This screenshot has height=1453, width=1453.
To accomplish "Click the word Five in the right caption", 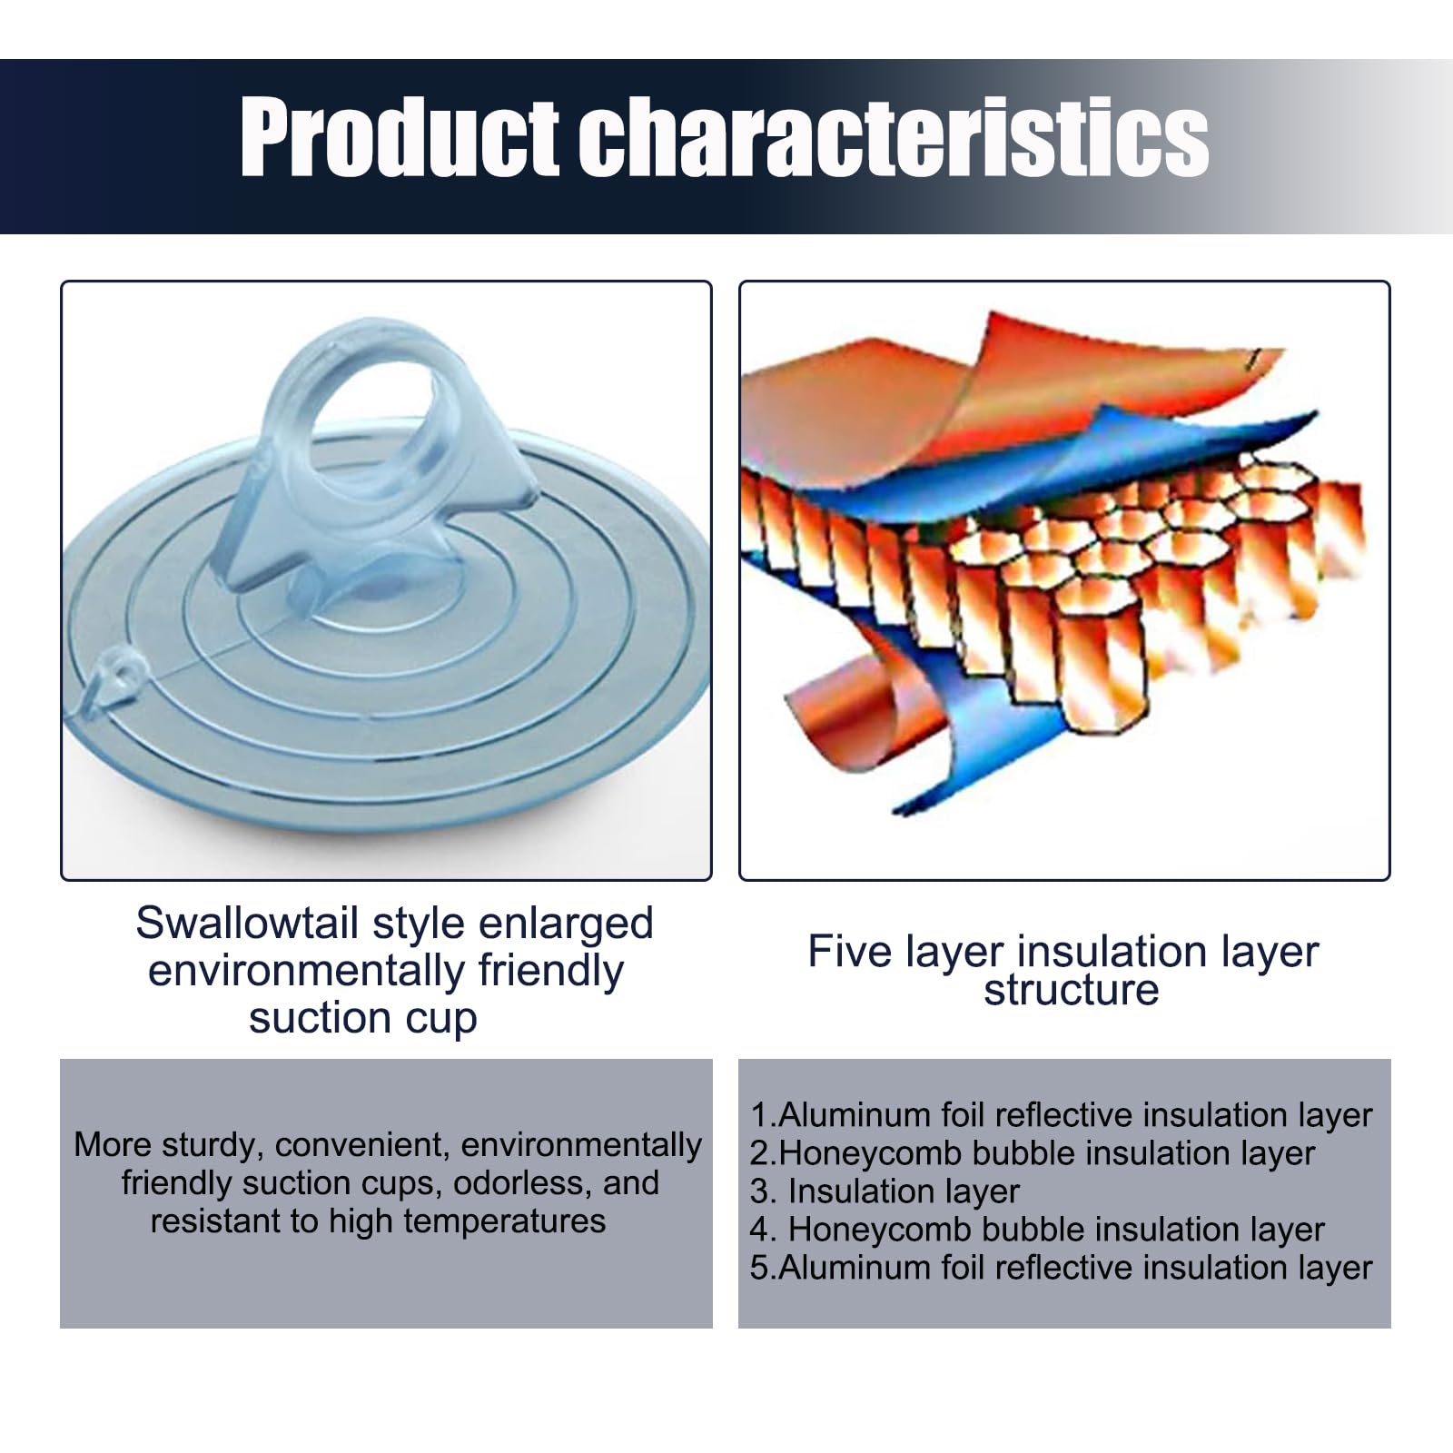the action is coord(850,952).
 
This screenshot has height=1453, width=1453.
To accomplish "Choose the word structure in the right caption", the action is coord(1072,991).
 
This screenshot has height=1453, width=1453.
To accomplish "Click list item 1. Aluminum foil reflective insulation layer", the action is coord(1061,1115).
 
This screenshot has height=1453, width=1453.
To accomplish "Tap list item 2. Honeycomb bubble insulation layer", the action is coord(1032,1153).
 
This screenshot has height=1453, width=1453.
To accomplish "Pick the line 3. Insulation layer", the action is coord(885,1191).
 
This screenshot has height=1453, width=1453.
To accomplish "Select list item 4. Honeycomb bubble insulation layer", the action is coord(1037,1230).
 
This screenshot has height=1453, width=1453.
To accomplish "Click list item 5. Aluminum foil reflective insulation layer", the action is coord(1061,1268).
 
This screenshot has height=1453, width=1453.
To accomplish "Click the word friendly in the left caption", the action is coord(551,972).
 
